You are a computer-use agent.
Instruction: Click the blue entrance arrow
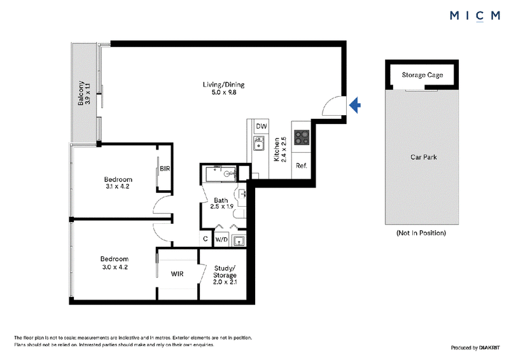(355, 105)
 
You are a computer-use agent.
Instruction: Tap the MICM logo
(475, 15)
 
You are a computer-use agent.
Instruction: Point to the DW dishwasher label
(261, 127)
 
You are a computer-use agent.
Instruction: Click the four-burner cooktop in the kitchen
(302, 137)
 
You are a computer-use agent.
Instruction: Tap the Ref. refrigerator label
(301, 165)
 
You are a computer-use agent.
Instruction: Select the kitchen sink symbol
(258, 143)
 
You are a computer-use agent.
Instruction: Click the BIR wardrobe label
(165, 169)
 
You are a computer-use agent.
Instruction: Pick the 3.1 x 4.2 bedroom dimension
(118, 186)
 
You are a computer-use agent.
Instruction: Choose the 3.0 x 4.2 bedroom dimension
(115, 267)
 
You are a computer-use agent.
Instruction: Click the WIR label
(178, 274)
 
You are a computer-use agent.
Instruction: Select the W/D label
(221, 240)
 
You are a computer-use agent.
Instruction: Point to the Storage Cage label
(422, 75)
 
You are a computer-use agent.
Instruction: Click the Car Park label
(424, 157)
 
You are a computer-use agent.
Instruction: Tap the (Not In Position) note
(421, 233)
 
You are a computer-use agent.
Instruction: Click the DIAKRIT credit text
(489, 348)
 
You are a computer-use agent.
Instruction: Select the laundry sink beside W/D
(239, 240)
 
